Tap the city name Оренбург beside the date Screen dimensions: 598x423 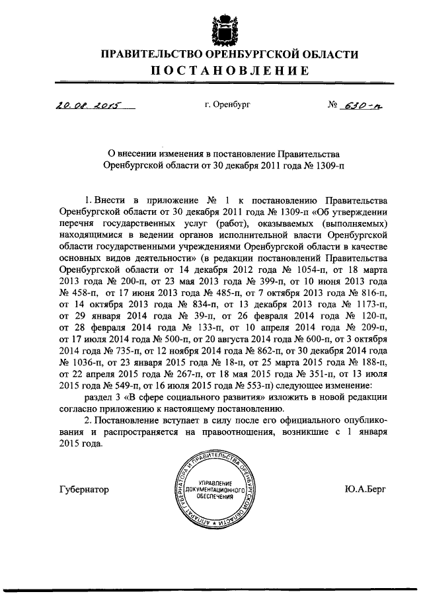click(x=232, y=104)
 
